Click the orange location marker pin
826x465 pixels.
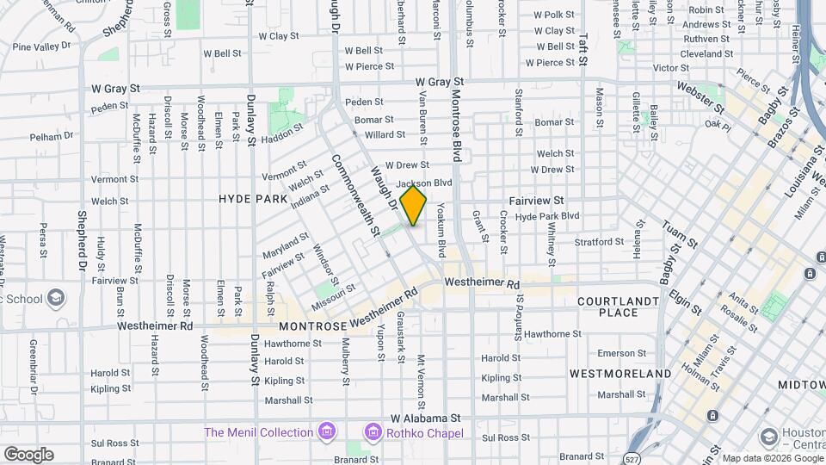(x=414, y=205)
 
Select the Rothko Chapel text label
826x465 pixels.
(x=425, y=431)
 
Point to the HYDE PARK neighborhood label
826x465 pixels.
(x=253, y=198)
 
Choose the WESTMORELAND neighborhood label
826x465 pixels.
(x=620, y=374)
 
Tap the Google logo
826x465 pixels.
(x=28, y=455)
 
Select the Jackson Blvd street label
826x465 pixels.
(x=424, y=183)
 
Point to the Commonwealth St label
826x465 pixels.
(x=355, y=195)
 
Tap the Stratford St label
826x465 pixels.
(x=599, y=242)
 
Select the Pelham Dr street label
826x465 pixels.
(x=52, y=137)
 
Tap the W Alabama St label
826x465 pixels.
(x=425, y=417)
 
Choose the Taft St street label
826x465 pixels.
(x=583, y=50)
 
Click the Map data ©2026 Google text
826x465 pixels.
(x=771, y=458)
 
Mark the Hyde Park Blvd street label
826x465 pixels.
(x=547, y=216)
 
